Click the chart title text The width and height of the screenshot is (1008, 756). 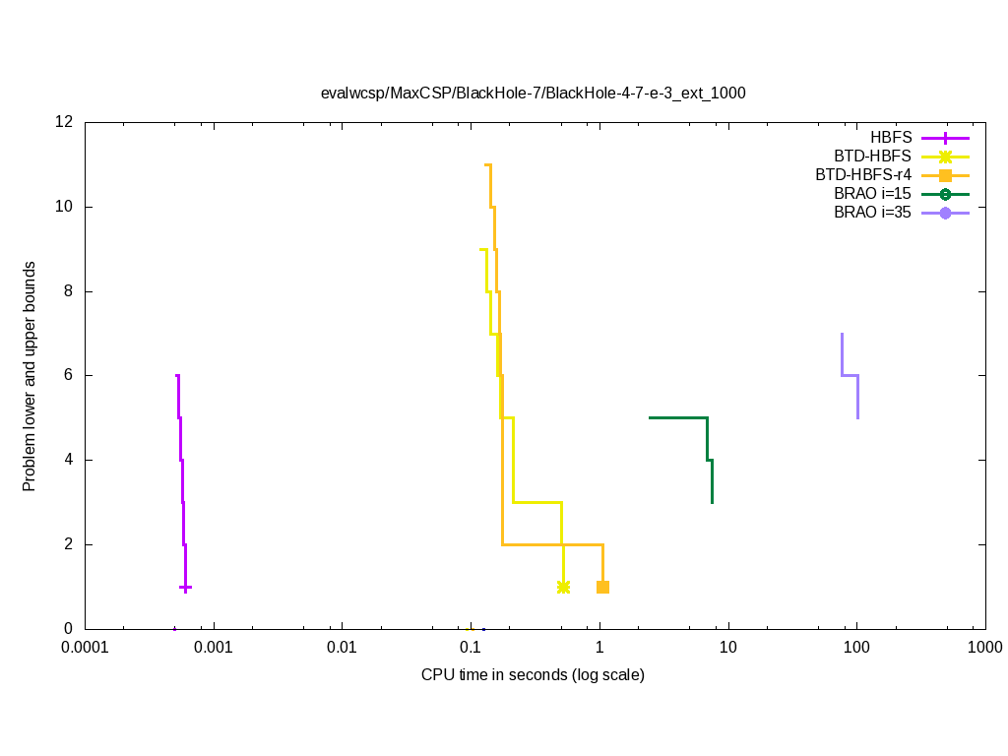point(533,94)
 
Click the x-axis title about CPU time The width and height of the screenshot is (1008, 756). point(533,675)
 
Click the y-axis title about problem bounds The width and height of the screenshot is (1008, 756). point(30,376)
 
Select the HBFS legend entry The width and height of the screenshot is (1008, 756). point(891,138)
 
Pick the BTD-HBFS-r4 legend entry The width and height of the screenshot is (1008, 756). point(862,174)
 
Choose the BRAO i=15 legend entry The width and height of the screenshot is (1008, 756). point(871,193)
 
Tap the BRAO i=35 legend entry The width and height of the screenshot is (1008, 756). point(871,212)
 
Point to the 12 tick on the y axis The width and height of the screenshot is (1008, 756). point(65,122)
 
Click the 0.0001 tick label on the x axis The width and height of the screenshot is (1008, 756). point(85,648)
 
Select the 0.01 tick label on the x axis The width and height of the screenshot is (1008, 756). point(342,648)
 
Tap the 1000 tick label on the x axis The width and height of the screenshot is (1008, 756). point(984,648)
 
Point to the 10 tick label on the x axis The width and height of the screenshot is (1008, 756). point(727,648)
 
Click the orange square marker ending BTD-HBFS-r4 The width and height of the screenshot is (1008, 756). point(602,587)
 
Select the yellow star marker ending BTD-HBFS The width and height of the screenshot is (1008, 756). point(563,587)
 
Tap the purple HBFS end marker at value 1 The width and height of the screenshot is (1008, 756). point(185,587)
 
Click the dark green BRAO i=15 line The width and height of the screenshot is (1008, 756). point(679,417)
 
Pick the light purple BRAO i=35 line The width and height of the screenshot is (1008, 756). point(850,375)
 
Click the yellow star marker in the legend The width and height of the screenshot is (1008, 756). point(945,157)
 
